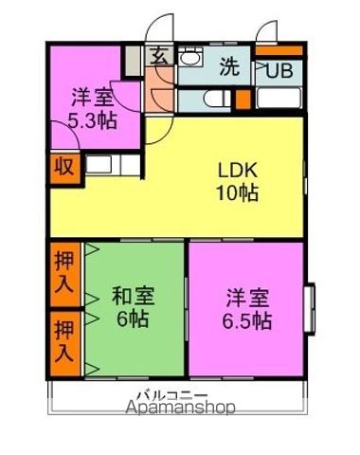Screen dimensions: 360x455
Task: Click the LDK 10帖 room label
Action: (238, 181)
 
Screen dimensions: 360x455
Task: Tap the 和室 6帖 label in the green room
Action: (134, 306)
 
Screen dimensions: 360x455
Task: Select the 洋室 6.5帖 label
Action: (247, 309)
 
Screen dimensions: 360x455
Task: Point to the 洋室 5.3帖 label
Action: (93, 108)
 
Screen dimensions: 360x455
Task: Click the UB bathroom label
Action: (279, 70)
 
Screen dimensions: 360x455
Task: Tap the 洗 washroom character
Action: (229, 66)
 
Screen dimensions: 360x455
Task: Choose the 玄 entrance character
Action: (159, 56)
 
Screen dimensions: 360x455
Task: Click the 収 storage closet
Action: (65, 168)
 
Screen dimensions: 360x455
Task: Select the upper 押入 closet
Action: (65, 274)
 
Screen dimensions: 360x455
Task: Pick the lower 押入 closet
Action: (65, 343)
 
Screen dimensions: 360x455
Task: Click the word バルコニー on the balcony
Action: (172, 395)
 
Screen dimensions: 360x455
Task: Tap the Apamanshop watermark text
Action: (180, 408)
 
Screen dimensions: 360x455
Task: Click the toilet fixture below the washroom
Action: (217, 100)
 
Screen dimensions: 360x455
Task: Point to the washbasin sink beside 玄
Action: (190, 57)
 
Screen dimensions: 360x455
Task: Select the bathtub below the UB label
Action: (279, 99)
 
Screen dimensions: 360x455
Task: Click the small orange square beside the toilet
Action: (243, 100)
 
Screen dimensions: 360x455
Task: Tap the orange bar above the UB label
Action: (279, 50)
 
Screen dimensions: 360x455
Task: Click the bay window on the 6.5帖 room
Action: (310, 308)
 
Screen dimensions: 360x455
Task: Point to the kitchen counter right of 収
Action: (113, 165)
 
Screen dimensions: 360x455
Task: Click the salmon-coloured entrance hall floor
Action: (159, 89)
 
